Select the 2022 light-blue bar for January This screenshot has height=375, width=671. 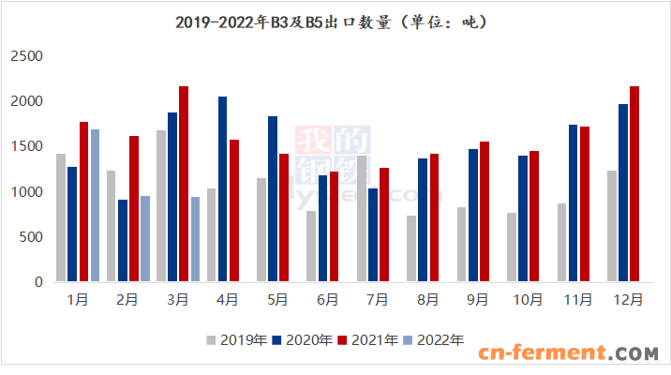click(96, 205)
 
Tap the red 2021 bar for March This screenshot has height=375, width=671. click(184, 184)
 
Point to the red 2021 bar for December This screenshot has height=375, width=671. click(634, 184)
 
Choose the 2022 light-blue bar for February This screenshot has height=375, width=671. click(145, 238)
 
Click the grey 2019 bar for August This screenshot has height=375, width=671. click(411, 248)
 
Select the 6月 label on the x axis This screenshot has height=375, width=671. click(328, 301)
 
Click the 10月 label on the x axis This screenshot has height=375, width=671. click(528, 301)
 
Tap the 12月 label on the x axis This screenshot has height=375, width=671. click(628, 301)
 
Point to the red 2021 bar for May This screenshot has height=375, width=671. click(283, 217)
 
